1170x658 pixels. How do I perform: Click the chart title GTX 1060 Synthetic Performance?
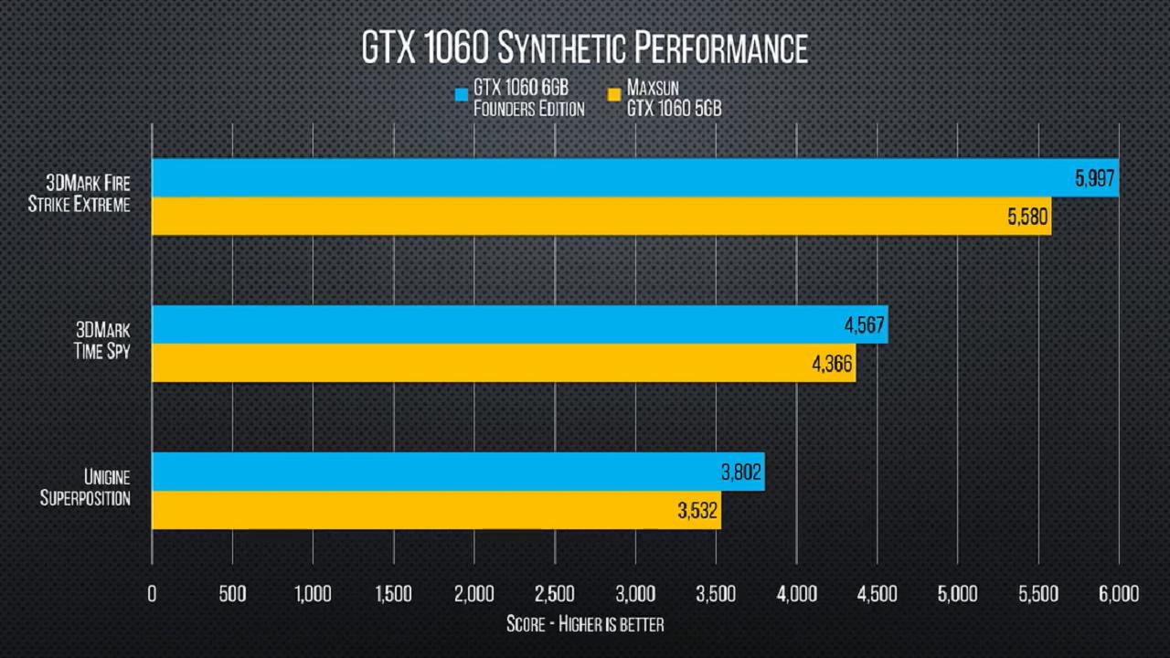(585, 48)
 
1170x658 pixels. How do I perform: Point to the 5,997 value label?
(1095, 179)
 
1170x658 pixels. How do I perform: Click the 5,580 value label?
(1027, 218)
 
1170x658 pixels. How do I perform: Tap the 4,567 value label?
(864, 326)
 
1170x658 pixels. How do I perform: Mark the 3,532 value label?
(698, 512)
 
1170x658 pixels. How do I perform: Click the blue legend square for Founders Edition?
(462, 93)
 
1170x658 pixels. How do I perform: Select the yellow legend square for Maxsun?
(614, 93)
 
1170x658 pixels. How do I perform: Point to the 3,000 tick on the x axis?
(635, 594)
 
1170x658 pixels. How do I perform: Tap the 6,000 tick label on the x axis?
(1118, 594)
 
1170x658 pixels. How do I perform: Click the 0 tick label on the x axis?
(152, 594)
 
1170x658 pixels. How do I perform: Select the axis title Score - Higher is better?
(585, 625)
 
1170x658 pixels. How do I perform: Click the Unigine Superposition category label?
(84, 488)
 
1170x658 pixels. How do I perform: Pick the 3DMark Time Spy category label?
(101, 341)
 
